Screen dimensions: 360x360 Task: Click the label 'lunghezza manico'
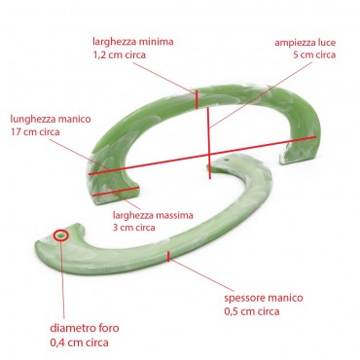(50, 117)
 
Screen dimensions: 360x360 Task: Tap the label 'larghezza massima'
(153, 213)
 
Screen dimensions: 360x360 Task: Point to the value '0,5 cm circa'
(248, 311)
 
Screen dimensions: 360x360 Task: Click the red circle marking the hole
(62, 234)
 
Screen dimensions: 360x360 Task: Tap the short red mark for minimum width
(197, 99)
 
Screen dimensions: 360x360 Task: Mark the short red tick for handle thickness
(169, 257)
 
